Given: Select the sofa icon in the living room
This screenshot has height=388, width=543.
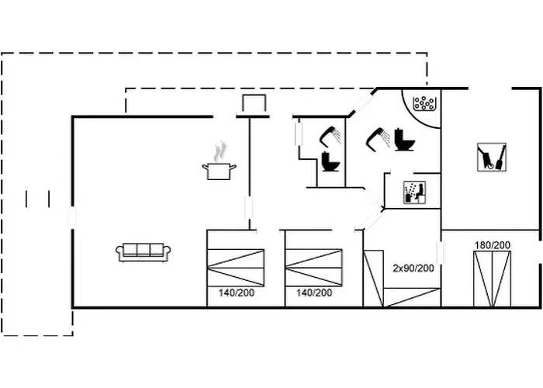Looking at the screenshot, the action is [143, 252].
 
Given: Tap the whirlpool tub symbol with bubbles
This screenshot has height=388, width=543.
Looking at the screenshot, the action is [424, 103].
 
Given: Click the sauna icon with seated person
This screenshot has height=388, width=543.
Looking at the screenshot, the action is [415, 192].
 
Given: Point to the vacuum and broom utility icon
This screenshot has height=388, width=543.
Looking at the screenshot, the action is [491, 158].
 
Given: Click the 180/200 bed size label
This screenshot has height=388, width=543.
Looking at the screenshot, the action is [492, 245].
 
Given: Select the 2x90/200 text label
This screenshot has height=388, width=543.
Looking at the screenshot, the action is [413, 268].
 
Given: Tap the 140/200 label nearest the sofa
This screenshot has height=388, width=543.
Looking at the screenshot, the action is [237, 293].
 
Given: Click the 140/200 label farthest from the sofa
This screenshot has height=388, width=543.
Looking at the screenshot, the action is [314, 293].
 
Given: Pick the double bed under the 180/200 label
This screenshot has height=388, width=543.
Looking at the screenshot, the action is [492, 279].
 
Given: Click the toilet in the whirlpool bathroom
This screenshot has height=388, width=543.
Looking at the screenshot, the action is [405, 140].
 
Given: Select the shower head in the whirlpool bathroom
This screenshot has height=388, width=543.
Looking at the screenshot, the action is [379, 139].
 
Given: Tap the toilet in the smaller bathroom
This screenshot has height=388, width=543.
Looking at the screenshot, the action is [330, 161].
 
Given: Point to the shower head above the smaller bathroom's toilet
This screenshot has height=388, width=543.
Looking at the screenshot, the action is [330, 137].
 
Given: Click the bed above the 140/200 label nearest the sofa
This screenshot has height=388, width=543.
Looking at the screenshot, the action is [236, 268].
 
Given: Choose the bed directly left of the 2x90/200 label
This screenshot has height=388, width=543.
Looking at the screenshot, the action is [373, 279].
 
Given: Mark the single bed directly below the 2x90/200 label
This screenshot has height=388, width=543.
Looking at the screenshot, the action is [412, 297].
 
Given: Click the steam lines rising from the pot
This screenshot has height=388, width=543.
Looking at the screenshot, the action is [220, 152].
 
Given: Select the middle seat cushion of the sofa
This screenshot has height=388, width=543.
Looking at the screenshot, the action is [144, 249].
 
